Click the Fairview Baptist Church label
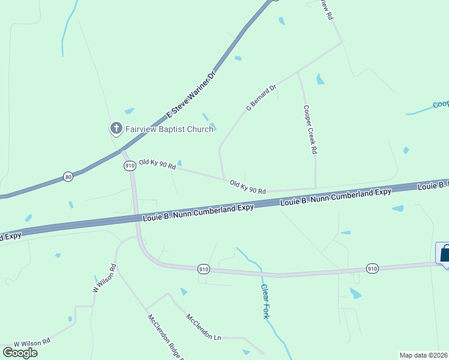169,129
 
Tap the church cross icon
115,128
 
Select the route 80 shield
68,177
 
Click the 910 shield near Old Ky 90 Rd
129,166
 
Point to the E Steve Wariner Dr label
190,95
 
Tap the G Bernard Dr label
261,97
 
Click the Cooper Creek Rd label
309,130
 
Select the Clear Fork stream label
265,301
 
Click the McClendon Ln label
203,328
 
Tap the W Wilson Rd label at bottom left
32,342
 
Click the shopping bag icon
444,253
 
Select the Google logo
20,353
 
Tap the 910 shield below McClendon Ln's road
204,271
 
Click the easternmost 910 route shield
372,268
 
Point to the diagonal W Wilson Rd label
104,278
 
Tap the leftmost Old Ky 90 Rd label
157,164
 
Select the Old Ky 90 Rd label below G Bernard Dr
247,187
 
